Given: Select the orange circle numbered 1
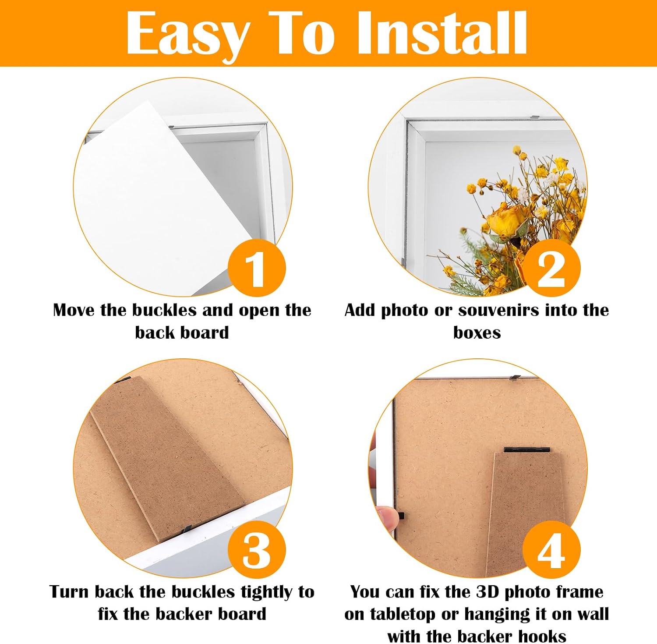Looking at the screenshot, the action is pyautogui.click(x=257, y=268).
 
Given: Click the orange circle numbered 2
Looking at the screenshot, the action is pyautogui.click(x=551, y=268).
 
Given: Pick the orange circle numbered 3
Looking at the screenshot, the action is pyautogui.click(x=257, y=550).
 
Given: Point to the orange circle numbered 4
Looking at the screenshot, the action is pyautogui.click(x=551, y=550).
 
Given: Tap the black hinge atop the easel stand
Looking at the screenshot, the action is pyautogui.click(x=526, y=449).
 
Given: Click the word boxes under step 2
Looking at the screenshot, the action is pyautogui.click(x=477, y=333).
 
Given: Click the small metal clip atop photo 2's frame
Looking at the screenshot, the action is pyautogui.click(x=535, y=117).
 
